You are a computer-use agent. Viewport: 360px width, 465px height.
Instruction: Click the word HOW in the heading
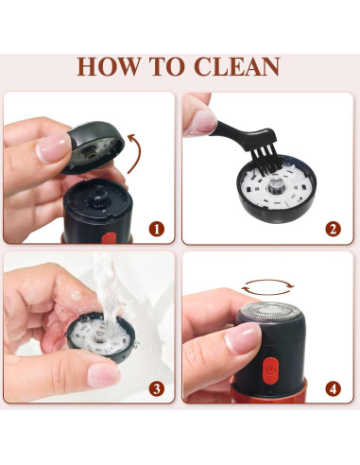click(109, 66)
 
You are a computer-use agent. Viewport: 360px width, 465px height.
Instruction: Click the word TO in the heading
click(167, 66)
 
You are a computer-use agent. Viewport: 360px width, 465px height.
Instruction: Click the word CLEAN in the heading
click(237, 66)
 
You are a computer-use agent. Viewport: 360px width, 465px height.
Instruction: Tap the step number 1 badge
click(157, 230)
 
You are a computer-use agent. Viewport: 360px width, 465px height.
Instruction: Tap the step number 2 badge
click(334, 230)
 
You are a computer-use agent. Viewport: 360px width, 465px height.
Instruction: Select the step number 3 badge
click(157, 389)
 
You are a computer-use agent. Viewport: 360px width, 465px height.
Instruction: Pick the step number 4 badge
click(334, 389)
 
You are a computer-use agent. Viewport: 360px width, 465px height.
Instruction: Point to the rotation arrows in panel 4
click(267, 287)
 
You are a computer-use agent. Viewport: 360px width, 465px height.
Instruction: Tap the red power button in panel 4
click(270, 370)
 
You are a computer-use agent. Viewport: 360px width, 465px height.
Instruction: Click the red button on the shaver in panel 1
click(110, 238)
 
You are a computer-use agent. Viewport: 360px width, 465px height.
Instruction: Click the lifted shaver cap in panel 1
click(94, 146)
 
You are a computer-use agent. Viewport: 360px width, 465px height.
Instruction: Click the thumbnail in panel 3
click(103, 374)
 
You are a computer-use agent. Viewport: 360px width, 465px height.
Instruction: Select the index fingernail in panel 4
click(243, 338)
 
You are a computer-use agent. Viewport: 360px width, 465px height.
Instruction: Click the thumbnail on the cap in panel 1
click(53, 147)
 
